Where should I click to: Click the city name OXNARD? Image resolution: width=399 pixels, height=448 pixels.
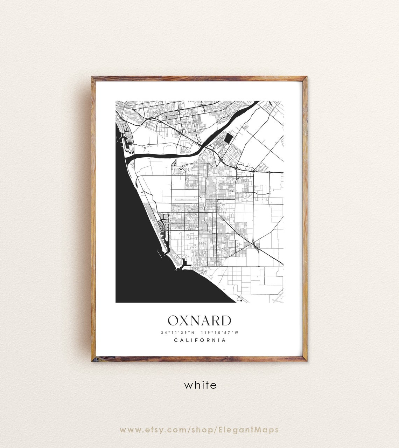(x=199, y=321)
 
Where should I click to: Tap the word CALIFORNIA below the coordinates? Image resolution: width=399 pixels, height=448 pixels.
(x=199, y=340)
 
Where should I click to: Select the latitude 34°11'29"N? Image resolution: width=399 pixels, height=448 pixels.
(x=177, y=332)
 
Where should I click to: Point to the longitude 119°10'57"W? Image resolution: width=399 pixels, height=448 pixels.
(x=219, y=332)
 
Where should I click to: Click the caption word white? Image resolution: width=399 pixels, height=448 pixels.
(x=200, y=385)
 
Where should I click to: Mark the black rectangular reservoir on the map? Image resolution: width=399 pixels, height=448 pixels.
(x=228, y=138)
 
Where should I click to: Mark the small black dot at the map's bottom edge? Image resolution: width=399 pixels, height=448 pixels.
(x=241, y=301)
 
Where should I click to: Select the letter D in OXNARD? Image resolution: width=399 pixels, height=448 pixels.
(x=226, y=321)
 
